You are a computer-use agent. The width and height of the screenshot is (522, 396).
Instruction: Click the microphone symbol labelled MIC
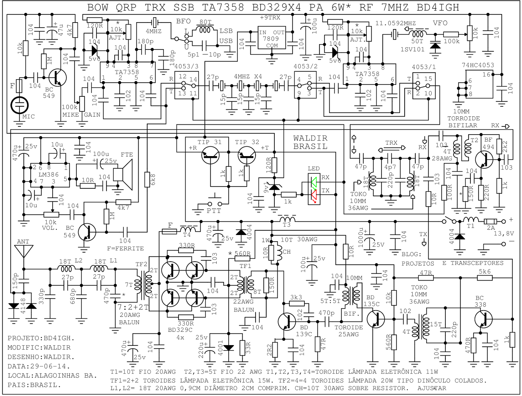tap(20, 105)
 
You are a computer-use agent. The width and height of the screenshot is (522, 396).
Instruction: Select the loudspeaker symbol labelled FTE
tap(124, 174)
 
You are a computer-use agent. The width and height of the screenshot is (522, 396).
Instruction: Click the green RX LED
tap(314, 182)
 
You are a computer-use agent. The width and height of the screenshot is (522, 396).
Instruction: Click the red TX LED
tap(314, 195)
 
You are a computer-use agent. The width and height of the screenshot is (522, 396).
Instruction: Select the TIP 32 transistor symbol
tap(247, 155)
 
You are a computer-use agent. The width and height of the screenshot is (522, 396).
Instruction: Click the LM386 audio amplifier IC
tap(50, 175)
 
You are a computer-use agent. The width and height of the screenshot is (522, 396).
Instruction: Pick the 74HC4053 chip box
tap(479, 84)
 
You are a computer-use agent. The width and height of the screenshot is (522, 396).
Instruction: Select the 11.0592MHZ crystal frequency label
tap(395, 23)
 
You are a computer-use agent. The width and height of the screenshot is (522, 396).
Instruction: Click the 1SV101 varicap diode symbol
tap(435, 46)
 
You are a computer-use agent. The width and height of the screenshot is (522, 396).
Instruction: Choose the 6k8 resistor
tap(147, 180)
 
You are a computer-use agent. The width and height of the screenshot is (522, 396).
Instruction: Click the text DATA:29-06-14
tap(39, 366)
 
